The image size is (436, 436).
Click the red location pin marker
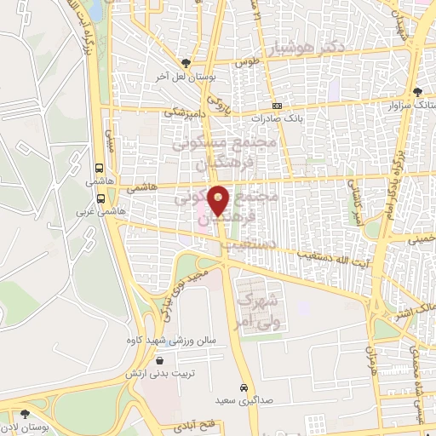click(219, 200)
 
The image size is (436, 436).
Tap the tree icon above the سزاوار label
click(416, 93)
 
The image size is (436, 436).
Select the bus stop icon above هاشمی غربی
click(100, 197)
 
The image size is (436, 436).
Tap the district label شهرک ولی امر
click(258, 311)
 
